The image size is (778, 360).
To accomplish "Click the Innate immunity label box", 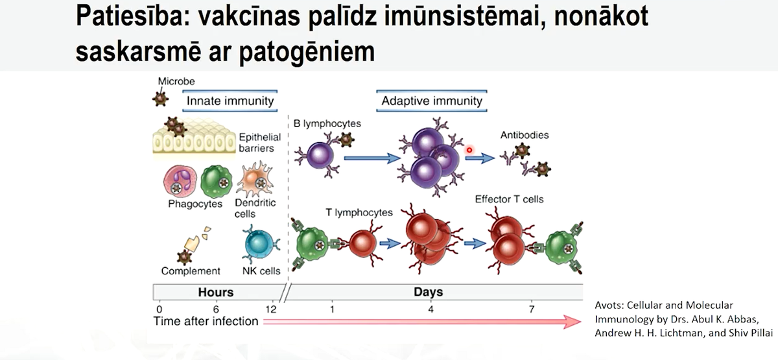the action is pos(230,101).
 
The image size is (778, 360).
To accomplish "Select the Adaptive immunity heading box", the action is pos(432,101).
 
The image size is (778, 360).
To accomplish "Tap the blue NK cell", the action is pos(261,245).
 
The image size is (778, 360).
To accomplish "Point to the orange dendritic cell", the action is pos(255,179).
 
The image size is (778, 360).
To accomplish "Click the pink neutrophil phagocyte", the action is pos(180,181).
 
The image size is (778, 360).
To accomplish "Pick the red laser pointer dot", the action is pos(469,150).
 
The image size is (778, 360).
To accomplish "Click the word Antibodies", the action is pos(525,135).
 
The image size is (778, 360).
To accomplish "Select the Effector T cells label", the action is pos(509,199).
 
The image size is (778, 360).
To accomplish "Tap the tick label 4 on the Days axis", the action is pos(430,309).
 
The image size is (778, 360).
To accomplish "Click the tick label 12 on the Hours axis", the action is pos(270,309).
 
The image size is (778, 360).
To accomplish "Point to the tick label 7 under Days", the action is pos(532,309).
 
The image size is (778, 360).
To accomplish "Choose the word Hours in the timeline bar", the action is pos(216,293).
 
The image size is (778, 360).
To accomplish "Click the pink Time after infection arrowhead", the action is pos(572,322).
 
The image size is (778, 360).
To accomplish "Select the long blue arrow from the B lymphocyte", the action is pos(372,158).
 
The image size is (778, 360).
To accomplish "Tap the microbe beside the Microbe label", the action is pos(161,99).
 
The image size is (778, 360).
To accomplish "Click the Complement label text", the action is pos(191,271).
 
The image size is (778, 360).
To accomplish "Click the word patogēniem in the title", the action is pos(307,53).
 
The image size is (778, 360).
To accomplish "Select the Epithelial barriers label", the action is pos(260,143).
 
